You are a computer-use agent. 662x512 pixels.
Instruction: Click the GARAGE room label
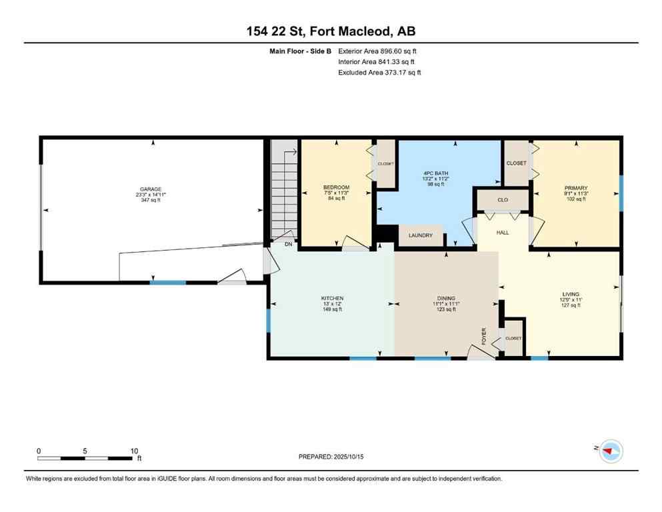151,189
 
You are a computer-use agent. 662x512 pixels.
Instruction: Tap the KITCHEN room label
331,298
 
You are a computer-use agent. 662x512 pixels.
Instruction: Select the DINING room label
447,298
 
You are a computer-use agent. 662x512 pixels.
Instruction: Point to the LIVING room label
570,294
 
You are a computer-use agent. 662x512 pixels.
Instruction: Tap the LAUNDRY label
421,235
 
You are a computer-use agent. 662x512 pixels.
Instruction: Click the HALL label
503,233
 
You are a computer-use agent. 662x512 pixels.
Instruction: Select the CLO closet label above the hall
502,199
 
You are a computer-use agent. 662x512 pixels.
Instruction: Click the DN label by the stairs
289,245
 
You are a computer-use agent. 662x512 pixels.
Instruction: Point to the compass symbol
610,452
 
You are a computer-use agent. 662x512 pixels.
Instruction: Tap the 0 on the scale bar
39,451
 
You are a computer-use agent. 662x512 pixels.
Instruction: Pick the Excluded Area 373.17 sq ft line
379,72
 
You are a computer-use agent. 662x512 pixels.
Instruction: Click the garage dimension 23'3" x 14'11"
151,195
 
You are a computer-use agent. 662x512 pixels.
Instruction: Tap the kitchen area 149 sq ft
331,309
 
